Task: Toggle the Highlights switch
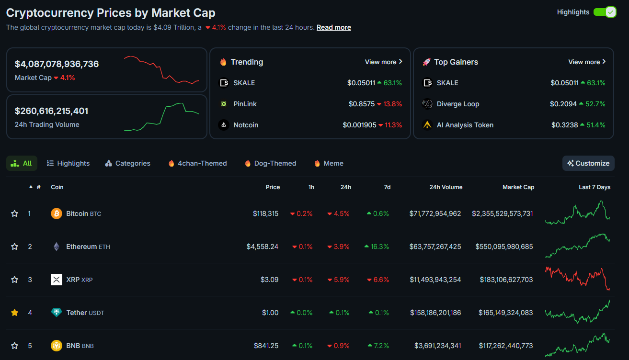[x=605, y=12]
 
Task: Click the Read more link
[x=333, y=27]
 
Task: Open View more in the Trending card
[x=384, y=62]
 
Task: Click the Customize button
[x=588, y=163]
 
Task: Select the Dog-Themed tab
[x=270, y=163]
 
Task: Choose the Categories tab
[x=127, y=163]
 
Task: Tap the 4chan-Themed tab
[x=198, y=163]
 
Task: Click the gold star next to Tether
[x=14, y=313]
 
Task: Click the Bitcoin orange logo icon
[x=57, y=214]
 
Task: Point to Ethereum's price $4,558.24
[x=262, y=247]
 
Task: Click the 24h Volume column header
[x=446, y=187]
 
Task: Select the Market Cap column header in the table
[x=518, y=187]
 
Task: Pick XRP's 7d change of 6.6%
[x=378, y=280]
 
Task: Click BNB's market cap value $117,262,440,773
[x=505, y=346]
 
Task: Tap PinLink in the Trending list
[x=245, y=104]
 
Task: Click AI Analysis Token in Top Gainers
[x=465, y=125]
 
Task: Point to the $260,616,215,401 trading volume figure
[x=51, y=111]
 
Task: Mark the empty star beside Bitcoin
[x=14, y=214]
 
